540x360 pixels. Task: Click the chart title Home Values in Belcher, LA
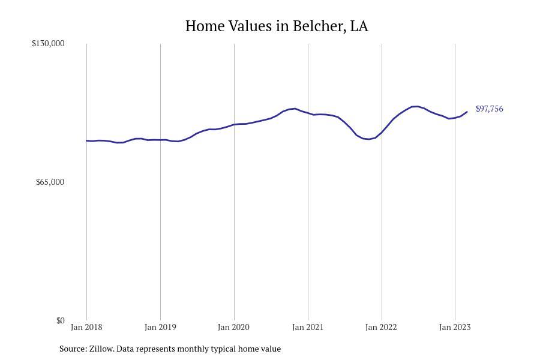(277, 26)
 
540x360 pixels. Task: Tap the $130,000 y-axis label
(48, 43)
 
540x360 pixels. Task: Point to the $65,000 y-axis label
(50, 182)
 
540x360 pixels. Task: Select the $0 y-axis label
(60, 320)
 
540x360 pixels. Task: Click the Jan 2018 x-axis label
(86, 327)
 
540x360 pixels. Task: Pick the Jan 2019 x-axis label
(160, 327)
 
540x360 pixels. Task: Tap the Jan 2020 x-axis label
(234, 327)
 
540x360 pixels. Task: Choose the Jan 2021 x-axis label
(308, 327)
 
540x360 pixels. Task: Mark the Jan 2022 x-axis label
(382, 327)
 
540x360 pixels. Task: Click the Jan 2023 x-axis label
(455, 327)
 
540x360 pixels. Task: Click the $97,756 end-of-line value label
(489, 109)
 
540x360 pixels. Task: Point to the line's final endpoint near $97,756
(467, 112)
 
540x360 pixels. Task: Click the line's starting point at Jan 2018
(87, 140)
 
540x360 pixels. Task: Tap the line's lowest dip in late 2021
(368, 139)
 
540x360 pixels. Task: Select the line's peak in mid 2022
(416, 106)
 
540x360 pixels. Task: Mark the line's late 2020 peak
(295, 109)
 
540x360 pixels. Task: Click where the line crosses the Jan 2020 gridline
(234, 124)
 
